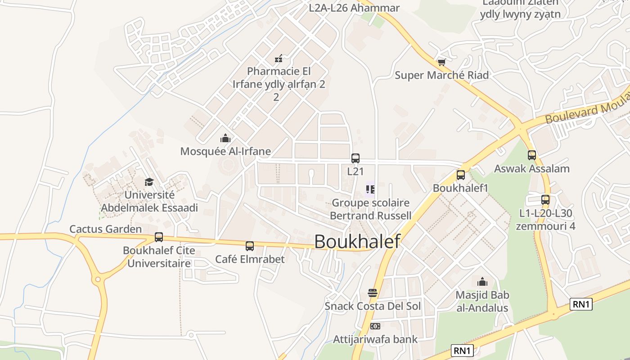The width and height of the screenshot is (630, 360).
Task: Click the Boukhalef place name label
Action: tap(357, 242)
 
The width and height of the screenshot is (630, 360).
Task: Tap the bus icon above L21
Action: tap(355, 158)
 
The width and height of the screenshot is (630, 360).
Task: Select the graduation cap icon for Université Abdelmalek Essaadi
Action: tap(149, 182)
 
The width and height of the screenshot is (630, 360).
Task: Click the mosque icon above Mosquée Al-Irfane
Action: tap(225, 138)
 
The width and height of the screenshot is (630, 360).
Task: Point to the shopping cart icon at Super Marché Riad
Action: tap(441, 62)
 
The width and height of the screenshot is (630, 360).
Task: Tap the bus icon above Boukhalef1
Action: tap(461, 175)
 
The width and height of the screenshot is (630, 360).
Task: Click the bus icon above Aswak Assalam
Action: tap(532, 155)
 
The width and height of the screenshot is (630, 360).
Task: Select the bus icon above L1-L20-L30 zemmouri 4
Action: tap(545, 200)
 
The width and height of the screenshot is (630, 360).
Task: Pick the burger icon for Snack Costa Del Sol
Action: tap(373, 293)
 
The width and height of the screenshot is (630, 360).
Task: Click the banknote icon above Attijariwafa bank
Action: tap(375, 326)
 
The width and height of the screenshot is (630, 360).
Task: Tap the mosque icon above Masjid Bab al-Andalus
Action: tap(482, 282)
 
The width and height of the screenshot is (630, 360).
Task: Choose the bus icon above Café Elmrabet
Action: tap(250, 246)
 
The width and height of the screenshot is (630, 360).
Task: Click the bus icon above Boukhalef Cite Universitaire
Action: tap(159, 237)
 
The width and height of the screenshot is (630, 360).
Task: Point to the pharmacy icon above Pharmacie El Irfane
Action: tap(279, 58)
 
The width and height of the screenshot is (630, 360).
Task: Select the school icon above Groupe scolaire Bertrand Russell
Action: tap(370, 189)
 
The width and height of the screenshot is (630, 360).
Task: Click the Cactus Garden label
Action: tap(105, 229)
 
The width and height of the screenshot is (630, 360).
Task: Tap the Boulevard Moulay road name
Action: tap(585, 109)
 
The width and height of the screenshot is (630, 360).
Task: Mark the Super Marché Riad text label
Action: tap(441, 75)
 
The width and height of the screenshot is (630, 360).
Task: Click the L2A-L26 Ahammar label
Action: tap(354, 8)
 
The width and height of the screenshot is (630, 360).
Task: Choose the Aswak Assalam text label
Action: tap(532, 169)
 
